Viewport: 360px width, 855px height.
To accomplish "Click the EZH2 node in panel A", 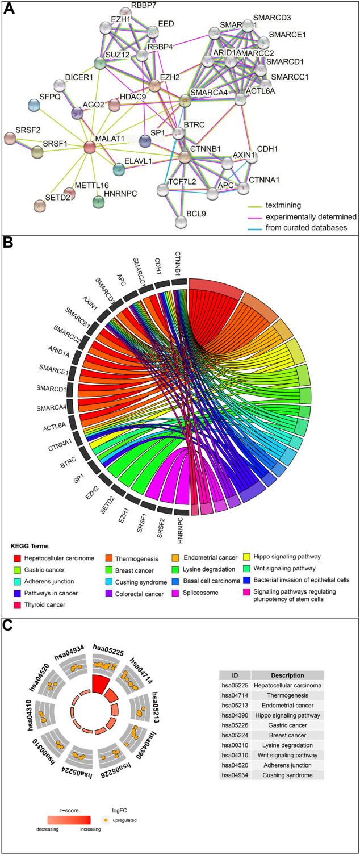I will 154,86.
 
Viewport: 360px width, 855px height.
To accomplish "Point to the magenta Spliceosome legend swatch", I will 188,593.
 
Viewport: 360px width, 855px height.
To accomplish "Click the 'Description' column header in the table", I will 287,675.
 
